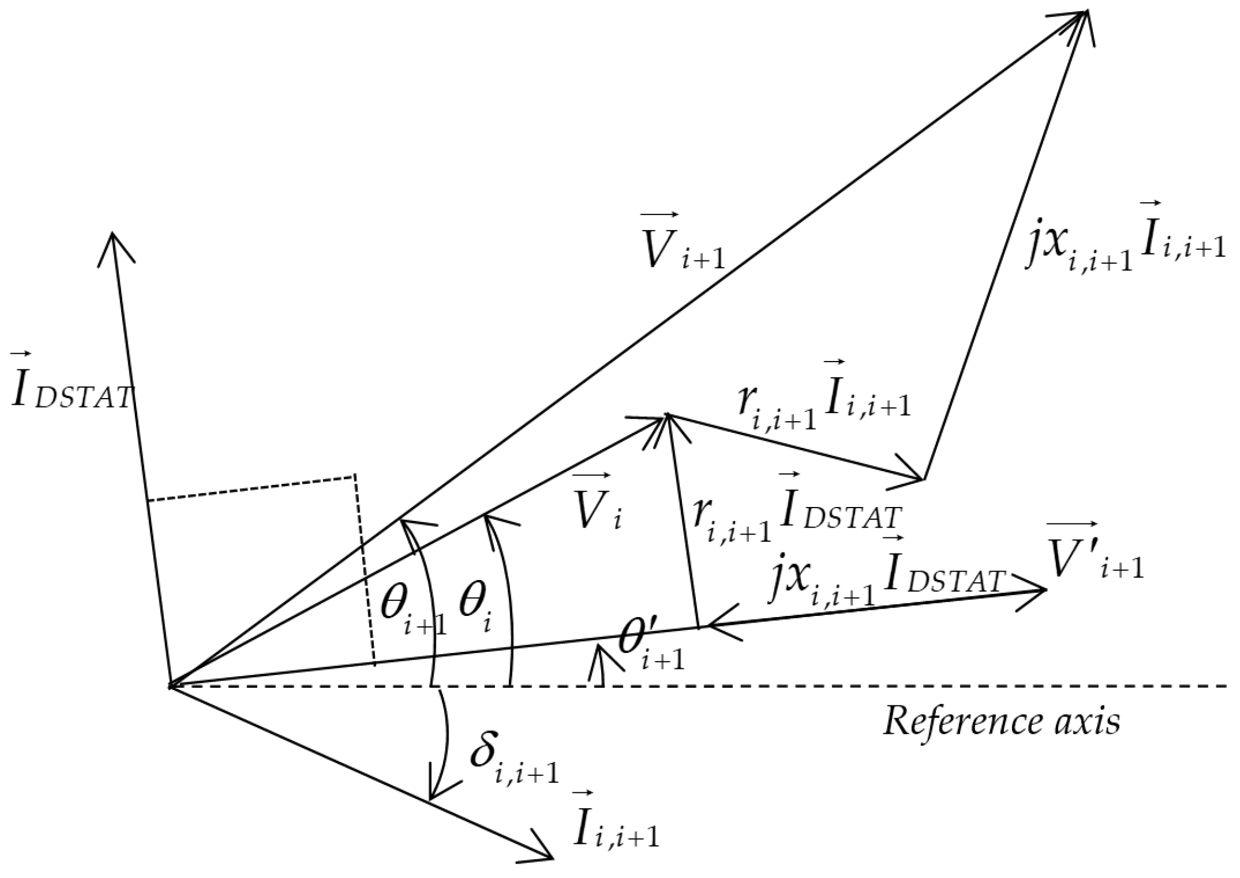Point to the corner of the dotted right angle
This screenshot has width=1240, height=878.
355,475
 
